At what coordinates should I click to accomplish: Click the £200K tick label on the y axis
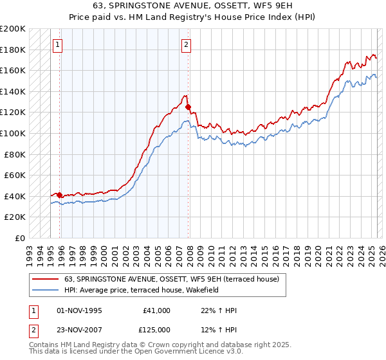point(13,29)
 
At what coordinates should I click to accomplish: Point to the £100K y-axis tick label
point(13,133)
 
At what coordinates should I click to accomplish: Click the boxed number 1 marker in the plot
point(59,45)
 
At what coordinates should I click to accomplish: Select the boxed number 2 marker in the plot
point(186,45)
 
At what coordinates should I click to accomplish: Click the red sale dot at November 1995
point(59,195)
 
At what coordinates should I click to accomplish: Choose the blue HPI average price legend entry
point(142,290)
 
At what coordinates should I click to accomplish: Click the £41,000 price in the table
point(156,310)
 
